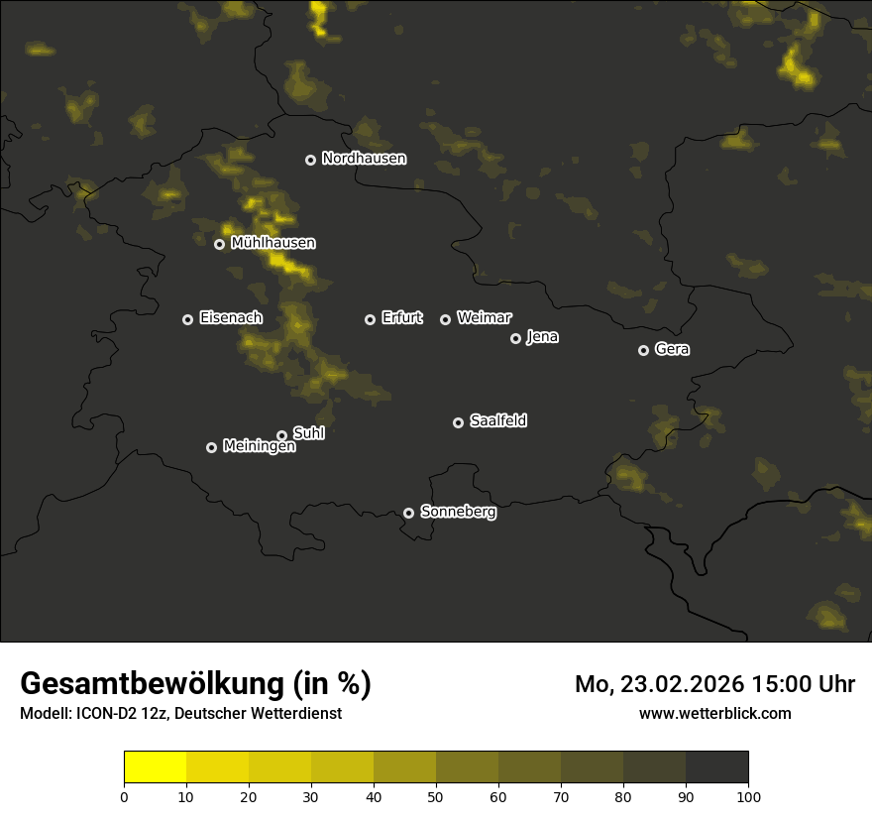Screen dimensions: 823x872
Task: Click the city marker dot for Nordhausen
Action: click(x=310, y=160)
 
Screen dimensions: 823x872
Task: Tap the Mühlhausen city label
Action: click(x=272, y=243)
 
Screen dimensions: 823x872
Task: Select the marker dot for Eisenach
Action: click(x=187, y=319)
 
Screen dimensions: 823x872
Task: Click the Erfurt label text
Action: click(x=401, y=318)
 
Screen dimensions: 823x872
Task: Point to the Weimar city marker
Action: click(x=445, y=319)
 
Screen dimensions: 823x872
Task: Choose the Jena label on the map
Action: click(x=542, y=337)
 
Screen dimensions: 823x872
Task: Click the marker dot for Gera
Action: click(x=643, y=350)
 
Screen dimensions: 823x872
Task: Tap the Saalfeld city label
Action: click(x=497, y=421)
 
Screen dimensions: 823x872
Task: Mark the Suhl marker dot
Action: click(x=281, y=435)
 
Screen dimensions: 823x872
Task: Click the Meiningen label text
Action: click(x=259, y=447)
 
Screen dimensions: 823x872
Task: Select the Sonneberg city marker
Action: click(x=408, y=513)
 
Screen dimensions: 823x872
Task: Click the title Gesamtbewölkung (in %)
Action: click(x=195, y=684)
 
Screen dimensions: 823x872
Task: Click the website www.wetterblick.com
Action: click(x=714, y=713)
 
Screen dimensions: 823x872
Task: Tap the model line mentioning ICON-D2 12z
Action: click(x=180, y=713)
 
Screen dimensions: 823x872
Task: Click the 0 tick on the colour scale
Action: click(x=124, y=795)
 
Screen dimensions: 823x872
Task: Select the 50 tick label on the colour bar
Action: click(x=436, y=795)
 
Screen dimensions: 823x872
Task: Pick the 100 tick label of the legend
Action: click(x=748, y=795)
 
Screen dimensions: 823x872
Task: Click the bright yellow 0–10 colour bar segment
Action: click(x=155, y=767)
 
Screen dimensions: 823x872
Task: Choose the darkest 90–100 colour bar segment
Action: click(x=716, y=767)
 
